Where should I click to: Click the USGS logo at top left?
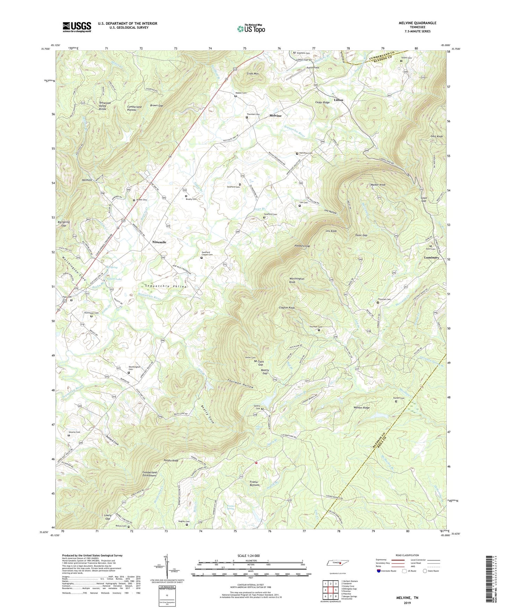coord(77,27)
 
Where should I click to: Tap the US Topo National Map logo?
coord(251,29)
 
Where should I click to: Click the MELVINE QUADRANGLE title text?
coord(417,23)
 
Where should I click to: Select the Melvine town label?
coord(275,116)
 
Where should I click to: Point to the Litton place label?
coord(338,100)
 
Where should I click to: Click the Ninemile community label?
coord(159,242)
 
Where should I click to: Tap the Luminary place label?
coord(431,257)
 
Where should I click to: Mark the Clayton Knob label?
coord(287,308)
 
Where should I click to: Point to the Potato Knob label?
coord(171,460)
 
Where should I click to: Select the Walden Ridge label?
coord(361,408)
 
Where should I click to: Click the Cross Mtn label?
coord(252,74)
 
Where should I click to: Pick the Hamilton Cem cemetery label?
coord(305,153)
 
